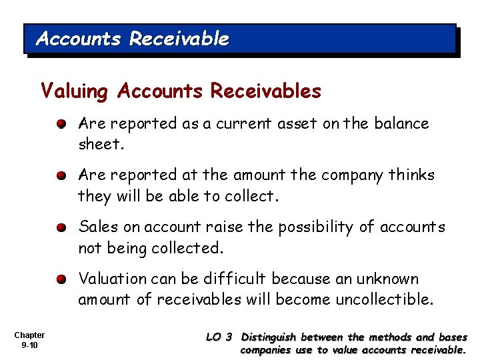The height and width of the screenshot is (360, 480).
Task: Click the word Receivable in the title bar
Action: pos(179,39)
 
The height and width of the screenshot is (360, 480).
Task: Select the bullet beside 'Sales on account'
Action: pos(61,228)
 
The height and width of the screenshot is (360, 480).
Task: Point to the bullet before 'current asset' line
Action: pos(61,125)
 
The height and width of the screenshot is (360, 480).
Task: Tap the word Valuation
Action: pos(112,279)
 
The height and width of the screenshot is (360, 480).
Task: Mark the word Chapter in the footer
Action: pos(29,335)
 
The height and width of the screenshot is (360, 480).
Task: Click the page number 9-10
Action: pos(29,345)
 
